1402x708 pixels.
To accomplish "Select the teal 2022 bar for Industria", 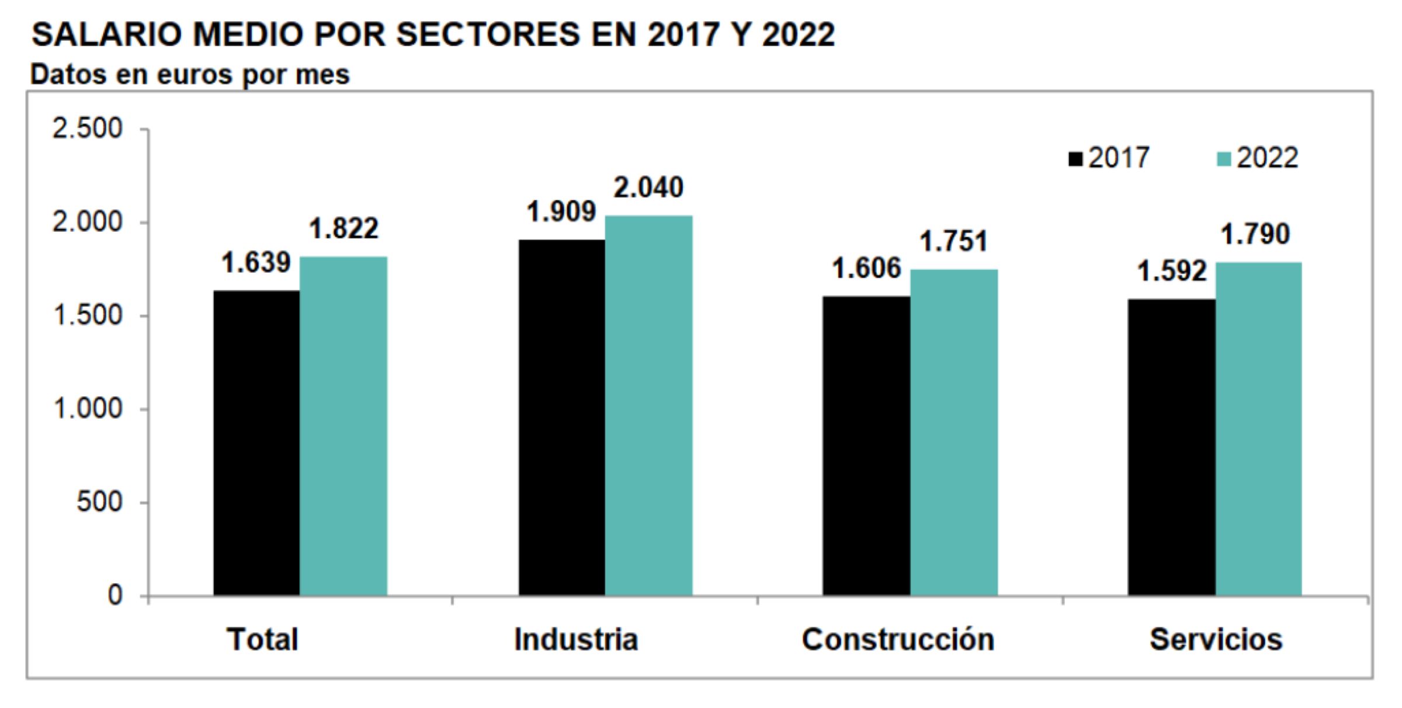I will [648, 405].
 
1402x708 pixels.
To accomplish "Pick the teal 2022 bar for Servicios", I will [1258, 429].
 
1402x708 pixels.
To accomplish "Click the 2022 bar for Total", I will [343, 426].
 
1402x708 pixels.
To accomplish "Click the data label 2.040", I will [648, 188].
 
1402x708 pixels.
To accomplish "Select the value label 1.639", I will [256, 263].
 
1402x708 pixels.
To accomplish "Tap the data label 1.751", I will [953, 242].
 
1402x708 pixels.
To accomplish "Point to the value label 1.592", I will [1171, 272].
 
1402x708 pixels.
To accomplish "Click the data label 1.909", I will [561, 212].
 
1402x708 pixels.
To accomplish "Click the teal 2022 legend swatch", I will [1223, 159].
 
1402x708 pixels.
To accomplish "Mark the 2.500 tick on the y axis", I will [88, 129].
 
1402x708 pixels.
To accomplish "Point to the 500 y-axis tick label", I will [99, 502].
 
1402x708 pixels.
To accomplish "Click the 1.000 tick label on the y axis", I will [88, 409].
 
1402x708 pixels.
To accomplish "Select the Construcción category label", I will [898, 640].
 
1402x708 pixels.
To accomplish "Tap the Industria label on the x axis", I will [575, 640].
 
